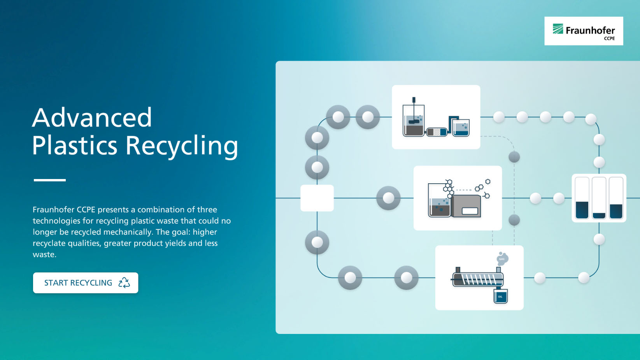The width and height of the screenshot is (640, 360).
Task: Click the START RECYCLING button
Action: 86,283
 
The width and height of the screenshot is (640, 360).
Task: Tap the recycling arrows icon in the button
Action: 124,283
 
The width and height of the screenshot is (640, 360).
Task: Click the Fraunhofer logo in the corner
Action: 584,31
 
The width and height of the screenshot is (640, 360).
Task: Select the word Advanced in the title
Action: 92,118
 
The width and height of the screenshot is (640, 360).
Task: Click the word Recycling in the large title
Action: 182,146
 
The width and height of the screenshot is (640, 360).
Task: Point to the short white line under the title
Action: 50,180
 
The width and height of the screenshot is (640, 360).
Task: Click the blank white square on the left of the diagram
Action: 317,198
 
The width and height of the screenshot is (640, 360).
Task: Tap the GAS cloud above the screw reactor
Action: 502,259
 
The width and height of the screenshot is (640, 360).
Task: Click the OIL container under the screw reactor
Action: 500,296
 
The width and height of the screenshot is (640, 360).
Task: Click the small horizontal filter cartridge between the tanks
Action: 437,132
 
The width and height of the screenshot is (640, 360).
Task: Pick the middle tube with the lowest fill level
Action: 599,198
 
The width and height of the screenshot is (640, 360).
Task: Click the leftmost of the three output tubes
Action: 582,198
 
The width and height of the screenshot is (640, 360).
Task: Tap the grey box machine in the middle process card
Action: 466,206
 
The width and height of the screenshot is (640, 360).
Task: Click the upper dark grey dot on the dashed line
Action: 514,157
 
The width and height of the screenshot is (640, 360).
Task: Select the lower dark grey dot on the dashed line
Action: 514,220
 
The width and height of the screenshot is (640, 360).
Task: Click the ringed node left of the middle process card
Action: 388,198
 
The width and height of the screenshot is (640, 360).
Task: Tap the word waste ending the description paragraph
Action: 44,255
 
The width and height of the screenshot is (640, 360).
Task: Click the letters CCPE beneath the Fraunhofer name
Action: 609,39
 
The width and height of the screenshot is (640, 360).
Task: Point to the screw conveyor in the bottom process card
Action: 478,279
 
